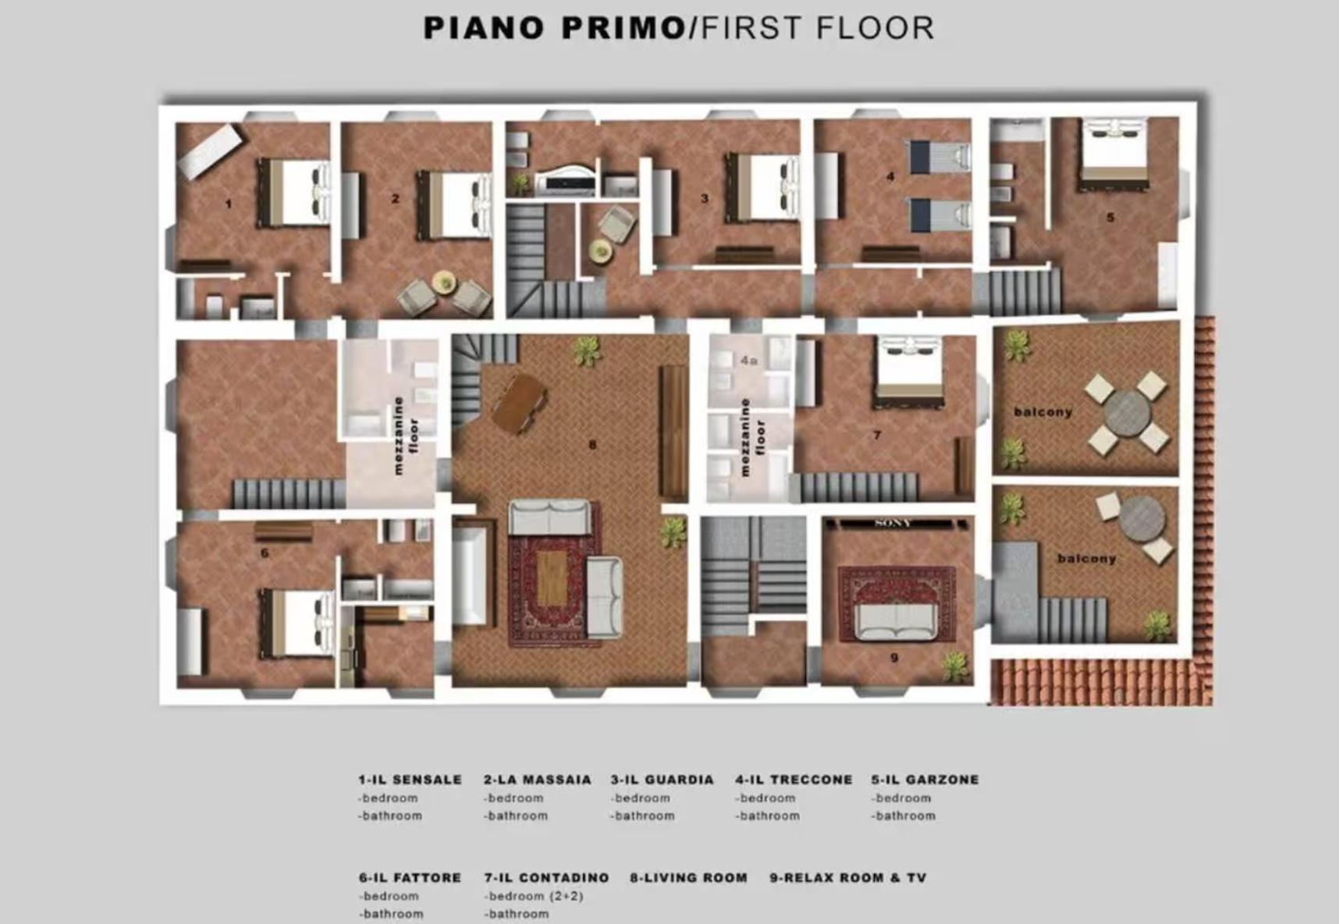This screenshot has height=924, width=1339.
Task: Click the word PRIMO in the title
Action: pyautogui.click(x=623, y=28)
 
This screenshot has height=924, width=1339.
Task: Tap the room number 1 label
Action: pyautogui.click(x=229, y=204)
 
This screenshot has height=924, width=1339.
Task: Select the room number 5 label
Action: pyautogui.click(x=1110, y=218)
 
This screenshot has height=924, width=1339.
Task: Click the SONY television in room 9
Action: pyautogui.click(x=893, y=523)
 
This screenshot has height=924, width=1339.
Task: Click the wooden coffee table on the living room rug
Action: pyautogui.click(x=552, y=577)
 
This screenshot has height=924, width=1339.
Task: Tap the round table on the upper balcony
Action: pyautogui.click(x=1127, y=414)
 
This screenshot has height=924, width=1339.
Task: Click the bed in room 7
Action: pyautogui.click(x=910, y=371)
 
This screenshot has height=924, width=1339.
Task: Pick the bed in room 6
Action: pyautogui.click(x=297, y=624)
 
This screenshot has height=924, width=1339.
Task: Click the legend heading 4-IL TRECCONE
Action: pyautogui.click(x=794, y=780)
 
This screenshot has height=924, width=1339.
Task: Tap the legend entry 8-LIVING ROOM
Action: pyautogui.click(x=688, y=878)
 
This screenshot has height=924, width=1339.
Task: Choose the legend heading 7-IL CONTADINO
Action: pyautogui.click(x=546, y=878)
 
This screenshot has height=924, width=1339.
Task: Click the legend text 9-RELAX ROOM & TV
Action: pyautogui.click(x=848, y=878)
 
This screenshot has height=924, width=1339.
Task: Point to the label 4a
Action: pyautogui.click(x=749, y=361)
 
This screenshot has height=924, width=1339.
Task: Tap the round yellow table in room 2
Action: pyautogui.click(x=443, y=282)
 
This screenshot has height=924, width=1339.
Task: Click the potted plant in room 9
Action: pyautogui.click(x=954, y=666)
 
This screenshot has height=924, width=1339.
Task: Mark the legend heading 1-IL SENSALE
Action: pyautogui.click(x=410, y=780)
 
